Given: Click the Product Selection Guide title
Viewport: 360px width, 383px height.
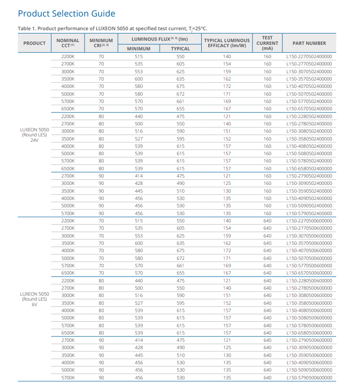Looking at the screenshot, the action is (66, 13).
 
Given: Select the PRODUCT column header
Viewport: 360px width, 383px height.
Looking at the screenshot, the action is (34, 43).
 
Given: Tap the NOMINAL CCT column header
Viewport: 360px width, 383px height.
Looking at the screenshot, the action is (68, 43).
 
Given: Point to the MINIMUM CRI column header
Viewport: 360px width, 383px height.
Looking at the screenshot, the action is (101, 43).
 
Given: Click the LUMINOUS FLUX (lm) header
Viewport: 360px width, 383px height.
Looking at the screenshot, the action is (160, 39).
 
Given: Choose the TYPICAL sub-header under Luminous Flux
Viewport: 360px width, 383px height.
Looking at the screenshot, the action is (180, 49).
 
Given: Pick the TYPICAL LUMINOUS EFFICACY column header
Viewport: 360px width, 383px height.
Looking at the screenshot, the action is (227, 43).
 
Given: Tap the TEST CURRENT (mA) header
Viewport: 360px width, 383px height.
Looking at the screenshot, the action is (267, 43).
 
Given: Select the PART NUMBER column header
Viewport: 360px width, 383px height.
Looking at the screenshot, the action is (309, 43).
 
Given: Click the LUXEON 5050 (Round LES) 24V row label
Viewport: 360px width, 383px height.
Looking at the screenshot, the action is (34, 135).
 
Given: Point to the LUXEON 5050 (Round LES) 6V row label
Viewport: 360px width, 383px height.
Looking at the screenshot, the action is (34, 299).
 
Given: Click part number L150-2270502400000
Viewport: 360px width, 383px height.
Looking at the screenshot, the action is (309, 57).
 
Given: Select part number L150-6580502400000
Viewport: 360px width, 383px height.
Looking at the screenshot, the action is (309, 168).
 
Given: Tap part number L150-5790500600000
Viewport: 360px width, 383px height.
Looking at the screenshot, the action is (309, 378).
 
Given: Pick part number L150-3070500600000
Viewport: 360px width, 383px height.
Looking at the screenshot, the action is (309, 236).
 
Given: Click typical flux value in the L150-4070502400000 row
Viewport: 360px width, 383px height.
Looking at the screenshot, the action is (181, 86).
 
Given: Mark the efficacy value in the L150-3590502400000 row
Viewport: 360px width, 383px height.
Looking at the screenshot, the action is (227, 191).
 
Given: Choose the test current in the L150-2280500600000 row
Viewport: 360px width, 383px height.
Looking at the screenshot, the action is (268, 281).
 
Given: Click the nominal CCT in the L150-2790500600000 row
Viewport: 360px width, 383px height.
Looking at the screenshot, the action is (68, 340).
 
